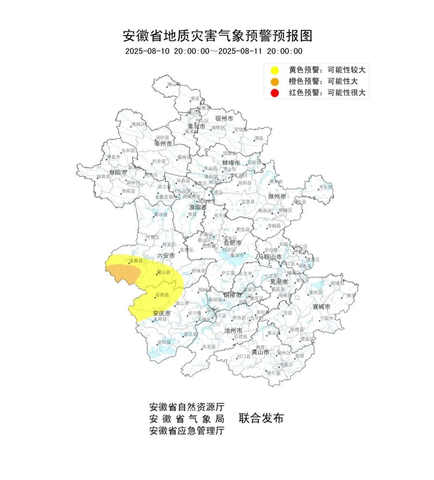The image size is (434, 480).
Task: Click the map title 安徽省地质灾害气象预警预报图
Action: pyautogui.click(x=217, y=36)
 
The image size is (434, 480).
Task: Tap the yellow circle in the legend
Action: pyautogui.click(x=275, y=70)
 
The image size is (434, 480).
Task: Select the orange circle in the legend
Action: pyautogui.click(x=275, y=81)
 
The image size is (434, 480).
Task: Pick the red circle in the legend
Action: pyautogui.click(x=275, y=93)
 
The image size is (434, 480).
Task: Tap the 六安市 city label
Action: pyautogui.click(x=166, y=256)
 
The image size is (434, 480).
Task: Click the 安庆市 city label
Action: pyautogui.click(x=162, y=313)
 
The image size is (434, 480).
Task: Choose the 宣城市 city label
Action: pyautogui.click(x=322, y=307)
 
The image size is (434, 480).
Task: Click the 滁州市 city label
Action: pyautogui.click(x=277, y=197)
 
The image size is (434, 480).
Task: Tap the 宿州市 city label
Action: pyautogui.click(x=224, y=118)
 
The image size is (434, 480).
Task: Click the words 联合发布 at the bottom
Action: pyautogui.click(x=261, y=419)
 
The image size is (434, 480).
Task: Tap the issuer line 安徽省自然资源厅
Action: pyautogui.click(x=187, y=407)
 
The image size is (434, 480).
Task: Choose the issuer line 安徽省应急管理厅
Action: pyautogui.click(x=187, y=431)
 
